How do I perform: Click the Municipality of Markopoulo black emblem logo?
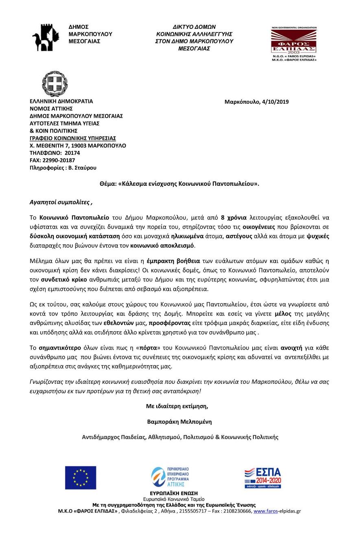pyautogui.click(x=47, y=37)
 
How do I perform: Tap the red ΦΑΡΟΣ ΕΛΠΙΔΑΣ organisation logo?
pyautogui.click(x=294, y=44)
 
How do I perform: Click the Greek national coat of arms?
pyautogui.click(x=54, y=83)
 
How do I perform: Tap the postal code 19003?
pyautogui.click(x=78, y=146)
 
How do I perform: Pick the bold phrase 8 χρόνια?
pyautogui.click(x=233, y=218)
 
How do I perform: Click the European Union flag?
pyautogui.click(x=81, y=478)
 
